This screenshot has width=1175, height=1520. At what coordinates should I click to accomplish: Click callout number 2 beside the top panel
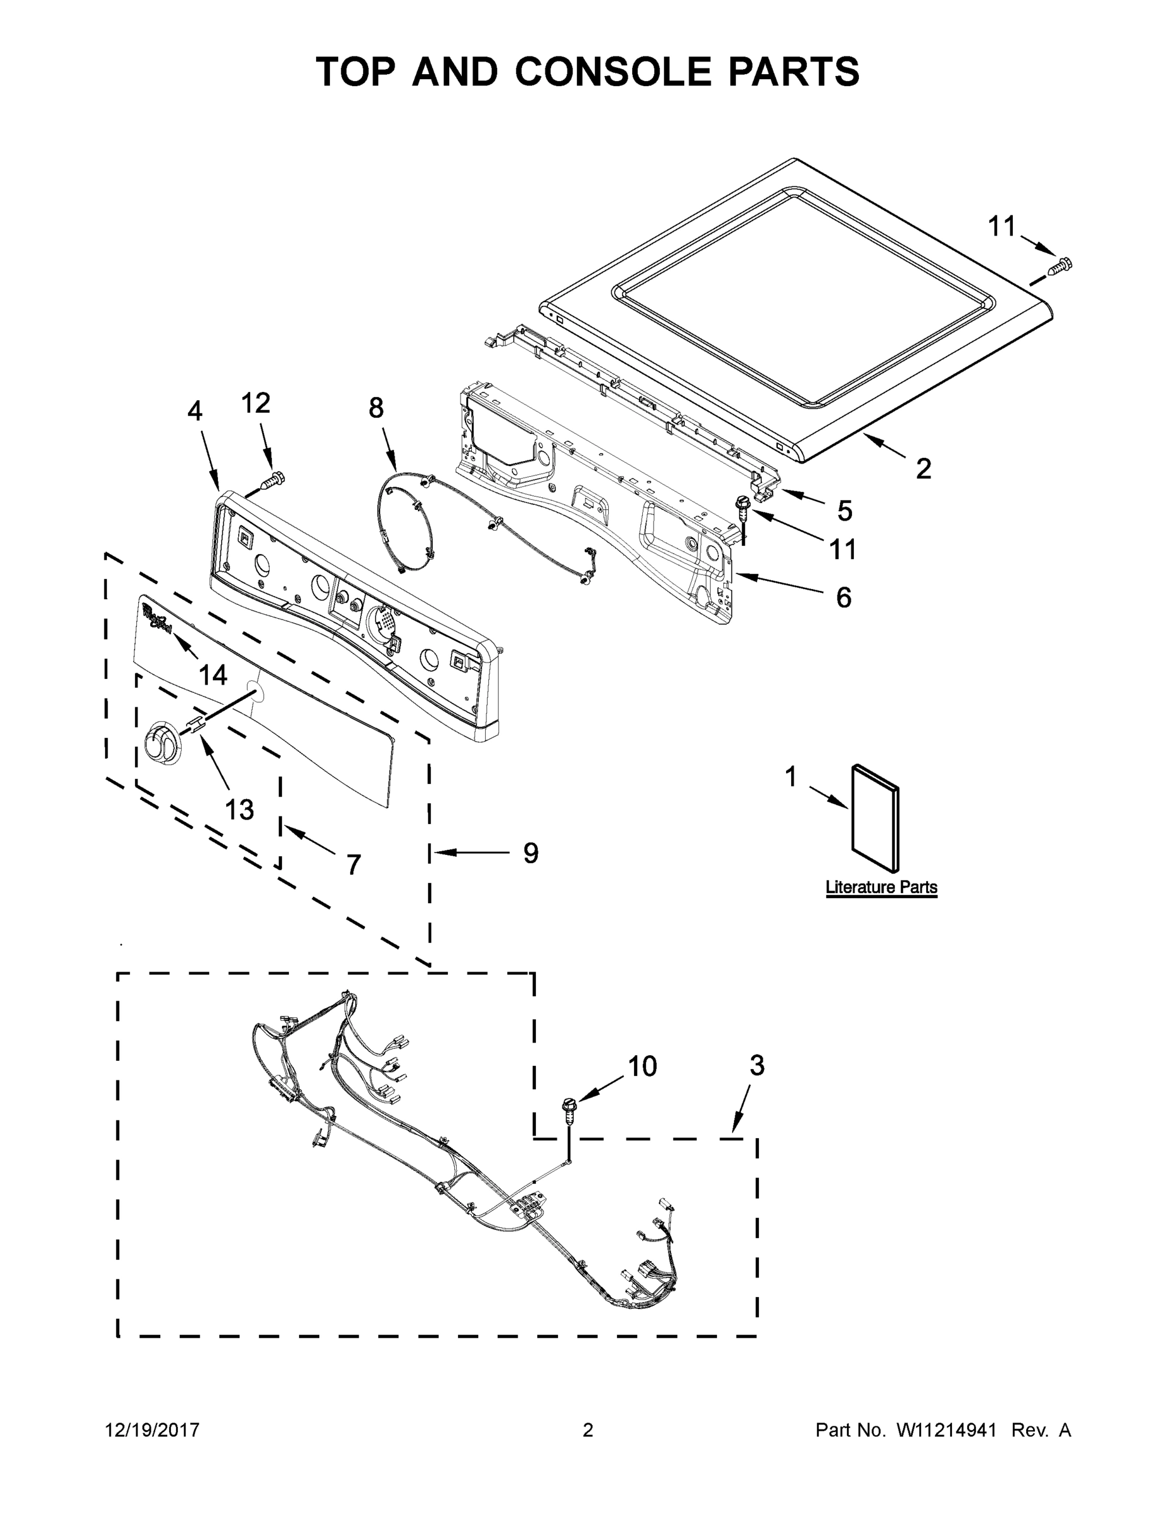[x=923, y=469]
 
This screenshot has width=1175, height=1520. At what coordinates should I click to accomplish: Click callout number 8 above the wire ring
[x=376, y=408]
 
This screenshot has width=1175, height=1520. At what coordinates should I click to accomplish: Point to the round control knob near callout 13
[x=162, y=743]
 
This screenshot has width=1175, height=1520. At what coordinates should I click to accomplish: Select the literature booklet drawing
[x=875, y=817]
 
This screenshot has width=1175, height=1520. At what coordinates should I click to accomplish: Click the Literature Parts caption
[x=880, y=887]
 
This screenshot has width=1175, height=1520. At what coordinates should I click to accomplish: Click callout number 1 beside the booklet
[x=790, y=776]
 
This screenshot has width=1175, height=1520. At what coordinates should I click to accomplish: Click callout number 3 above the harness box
[x=757, y=1065]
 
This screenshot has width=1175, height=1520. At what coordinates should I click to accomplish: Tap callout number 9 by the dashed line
[x=530, y=852]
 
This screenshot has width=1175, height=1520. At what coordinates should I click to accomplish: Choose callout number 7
[x=353, y=864]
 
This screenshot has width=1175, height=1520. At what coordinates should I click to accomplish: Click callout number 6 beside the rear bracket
[x=843, y=597]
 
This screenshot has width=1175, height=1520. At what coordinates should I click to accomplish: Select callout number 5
[x=844, y=511]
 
